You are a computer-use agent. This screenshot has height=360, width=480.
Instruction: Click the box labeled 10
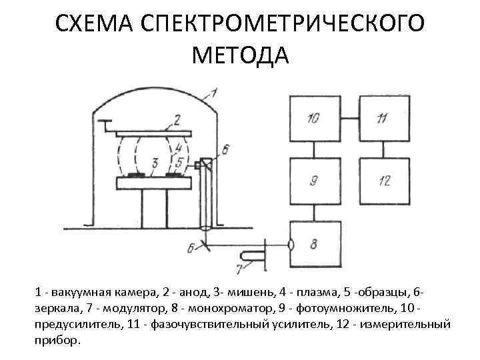pos(314,119)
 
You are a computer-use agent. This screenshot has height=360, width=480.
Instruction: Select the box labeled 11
pos(382,119)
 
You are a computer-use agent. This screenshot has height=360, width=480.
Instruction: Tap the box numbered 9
pos(314,180)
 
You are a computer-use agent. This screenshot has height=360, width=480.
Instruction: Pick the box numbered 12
pos(382,180)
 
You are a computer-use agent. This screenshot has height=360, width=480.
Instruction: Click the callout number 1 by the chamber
pos(214,93)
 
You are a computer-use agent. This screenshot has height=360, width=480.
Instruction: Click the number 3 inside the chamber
pos(154,163)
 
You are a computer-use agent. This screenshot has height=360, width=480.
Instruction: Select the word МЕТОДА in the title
pos(240,55)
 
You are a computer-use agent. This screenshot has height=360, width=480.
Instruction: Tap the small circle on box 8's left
pos(291,244)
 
